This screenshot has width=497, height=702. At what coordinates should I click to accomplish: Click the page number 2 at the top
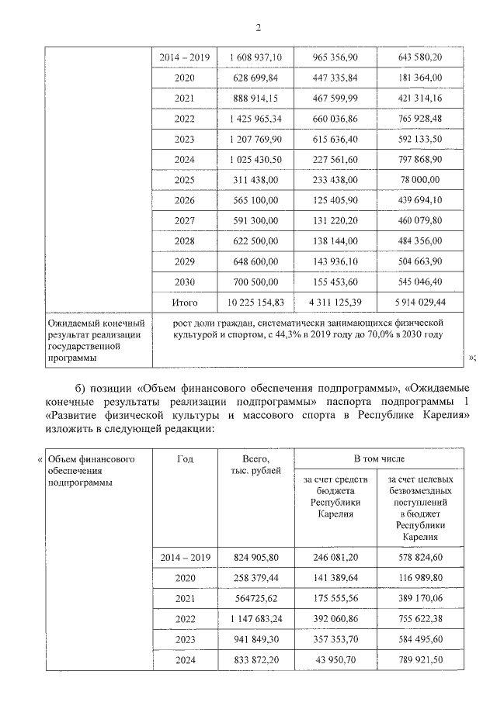tap(257, 29)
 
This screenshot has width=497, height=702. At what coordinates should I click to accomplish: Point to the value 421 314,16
tap(418, 99)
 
